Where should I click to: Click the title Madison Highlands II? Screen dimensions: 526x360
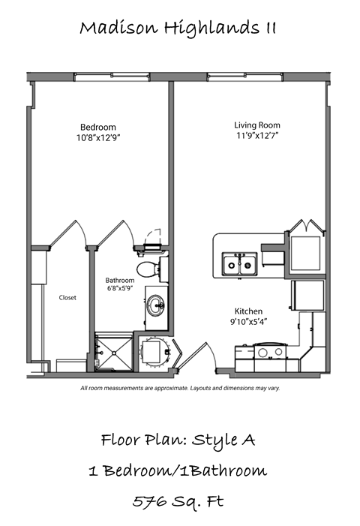click(x=178, y=29)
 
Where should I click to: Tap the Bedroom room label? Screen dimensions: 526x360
click(x=97, y=127)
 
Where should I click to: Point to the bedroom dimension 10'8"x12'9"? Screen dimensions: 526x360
click(x=97, y=138)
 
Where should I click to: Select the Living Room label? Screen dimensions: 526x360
click(x=256, y=125)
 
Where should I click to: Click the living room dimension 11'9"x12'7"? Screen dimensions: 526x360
click(x=256, y=136)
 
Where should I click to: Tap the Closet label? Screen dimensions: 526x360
click(x=67, y=298)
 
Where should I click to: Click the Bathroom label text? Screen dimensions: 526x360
click(x=121, y=281)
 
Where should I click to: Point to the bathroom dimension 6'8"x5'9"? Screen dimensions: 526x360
click(x=121, y=290)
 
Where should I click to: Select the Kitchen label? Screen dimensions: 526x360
click(x=249, y=311)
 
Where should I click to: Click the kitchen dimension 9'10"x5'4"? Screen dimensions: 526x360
click(x=249, y=321)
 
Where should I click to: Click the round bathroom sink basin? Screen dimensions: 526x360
click(x=156, y=305)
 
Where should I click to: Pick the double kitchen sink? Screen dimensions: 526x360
click(x=241, y=263)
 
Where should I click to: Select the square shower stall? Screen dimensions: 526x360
click(x=113, y=351)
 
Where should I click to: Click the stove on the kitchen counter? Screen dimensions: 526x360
click(x=271, y=351)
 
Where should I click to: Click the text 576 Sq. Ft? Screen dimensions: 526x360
click(x=178, y=501)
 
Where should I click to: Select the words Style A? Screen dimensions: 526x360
click(x=224, y=440)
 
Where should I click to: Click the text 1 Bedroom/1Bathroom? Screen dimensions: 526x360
click(x=178, y=470)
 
